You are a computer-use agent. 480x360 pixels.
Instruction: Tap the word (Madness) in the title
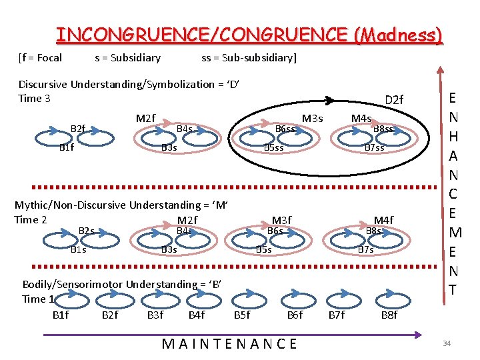pyautogui.click(x=399, y=34)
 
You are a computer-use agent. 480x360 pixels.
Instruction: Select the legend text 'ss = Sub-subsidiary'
pyautogui.click(x=248, y=58)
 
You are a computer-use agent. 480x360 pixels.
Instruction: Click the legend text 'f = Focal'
pyautogui.click(x=42, y=58)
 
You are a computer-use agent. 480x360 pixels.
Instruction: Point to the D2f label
pyautogui.click(x=394, y=100)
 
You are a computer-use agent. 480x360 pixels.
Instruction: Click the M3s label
pyautogui.click(x=312, y=119)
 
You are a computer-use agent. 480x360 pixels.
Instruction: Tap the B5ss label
pyautogui.click(x=274, y=147)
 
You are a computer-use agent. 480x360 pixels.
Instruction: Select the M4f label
pyautogui.click(x=383, y=221)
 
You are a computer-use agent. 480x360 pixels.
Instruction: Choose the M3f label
pyautogui.click(x=282, y=221)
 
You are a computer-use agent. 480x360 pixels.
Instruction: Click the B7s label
pyautogui.click(x=366, y=250)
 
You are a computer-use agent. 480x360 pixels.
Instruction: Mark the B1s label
pyautogui.click(x=79, y=250)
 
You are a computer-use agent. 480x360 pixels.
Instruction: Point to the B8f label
pyautogui.click(x=389, y=315)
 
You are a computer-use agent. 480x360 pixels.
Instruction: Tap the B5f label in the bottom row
pyautogui.click(x=242, y=315)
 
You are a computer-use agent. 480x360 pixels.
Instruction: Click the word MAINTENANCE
pyautogui.click(x=230, y=344)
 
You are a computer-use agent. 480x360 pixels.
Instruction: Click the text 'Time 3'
pyautogui.click(x=35, y=99)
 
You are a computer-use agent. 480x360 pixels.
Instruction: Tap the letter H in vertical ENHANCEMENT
pyautogui.click(x=453, y=136)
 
